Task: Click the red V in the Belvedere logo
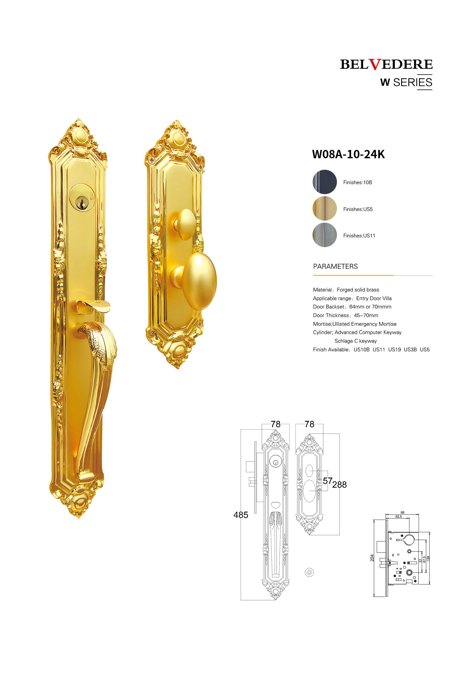click(375, 64)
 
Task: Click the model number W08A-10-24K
click(348, 154)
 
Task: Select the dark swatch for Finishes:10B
click(324, 182)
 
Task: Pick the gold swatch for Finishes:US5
click(324, 208)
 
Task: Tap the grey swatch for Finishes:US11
click(324, 235)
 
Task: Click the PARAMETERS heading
click(335, 266)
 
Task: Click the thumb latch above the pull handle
click(93, 307)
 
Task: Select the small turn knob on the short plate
click(185, 224)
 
